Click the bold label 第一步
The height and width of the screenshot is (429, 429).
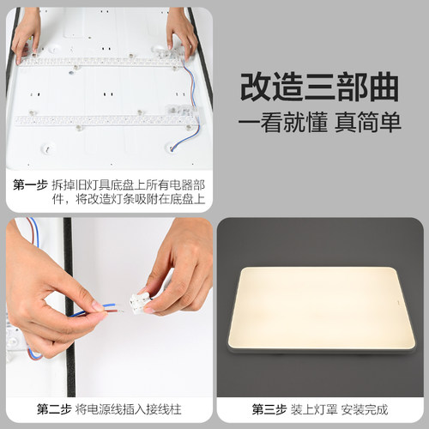click(31, 184)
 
